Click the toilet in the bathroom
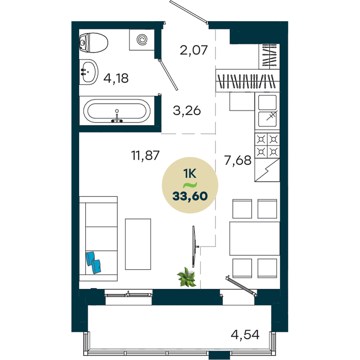[94, 43]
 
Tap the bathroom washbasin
[89, 72]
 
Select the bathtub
[117, 111]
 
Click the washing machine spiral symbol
[142, 40]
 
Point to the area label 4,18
[116, 78]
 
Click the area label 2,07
[194, 50]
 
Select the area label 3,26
[187, 111]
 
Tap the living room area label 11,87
[145, 156]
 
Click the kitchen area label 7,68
[238, 160]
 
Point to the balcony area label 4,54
[245, 335]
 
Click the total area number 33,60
[190, 196]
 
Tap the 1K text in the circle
[190, 174]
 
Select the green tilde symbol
[190, 185]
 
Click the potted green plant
[186, 277]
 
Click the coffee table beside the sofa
[138, 244]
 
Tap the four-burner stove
[267, 145]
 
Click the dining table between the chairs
[255, 238]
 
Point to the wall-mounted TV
[194, 247]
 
